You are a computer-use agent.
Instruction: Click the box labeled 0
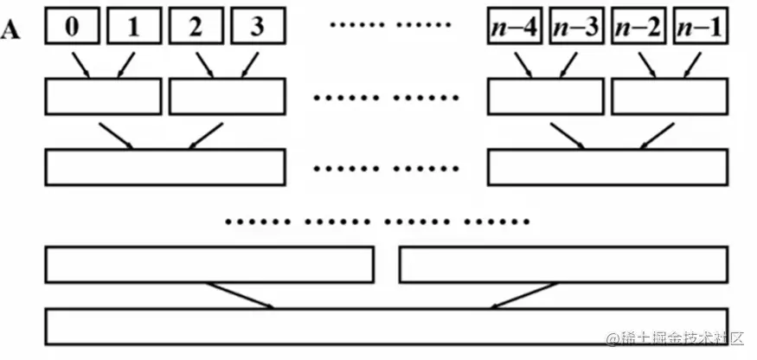(72, 27)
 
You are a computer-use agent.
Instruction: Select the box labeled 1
(133, 27)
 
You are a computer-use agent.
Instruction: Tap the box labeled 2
(196, 27)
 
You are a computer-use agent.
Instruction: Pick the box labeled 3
(257, 27)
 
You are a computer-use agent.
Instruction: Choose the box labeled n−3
(577, 27)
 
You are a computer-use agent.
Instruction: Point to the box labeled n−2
(638, 27)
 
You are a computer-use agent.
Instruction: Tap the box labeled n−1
(699, 27)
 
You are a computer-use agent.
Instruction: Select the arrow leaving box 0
(80, 65)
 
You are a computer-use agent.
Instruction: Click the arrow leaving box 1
(125, 65)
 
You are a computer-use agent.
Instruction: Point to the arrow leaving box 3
(248, 65)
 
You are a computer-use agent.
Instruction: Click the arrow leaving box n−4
(524, 65)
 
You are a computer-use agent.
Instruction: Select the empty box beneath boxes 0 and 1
(103, 97)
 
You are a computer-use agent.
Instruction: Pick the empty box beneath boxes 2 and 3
(227, 97)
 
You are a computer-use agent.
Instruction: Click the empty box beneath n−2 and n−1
(670, 97)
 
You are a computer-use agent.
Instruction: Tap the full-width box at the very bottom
(386, 325)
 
